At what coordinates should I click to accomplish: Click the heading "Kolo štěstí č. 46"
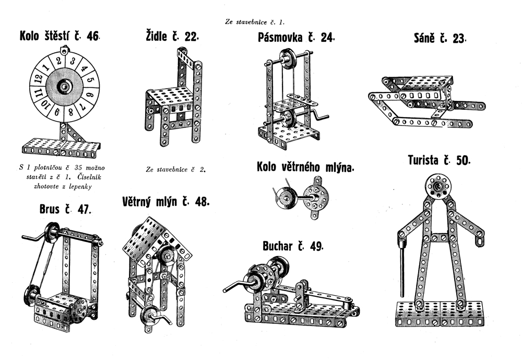click(59, 37)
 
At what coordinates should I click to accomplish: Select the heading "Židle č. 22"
click(172, 37)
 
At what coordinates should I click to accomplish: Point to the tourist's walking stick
click(402, 266)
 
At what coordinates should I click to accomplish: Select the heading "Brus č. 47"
click(65, 210)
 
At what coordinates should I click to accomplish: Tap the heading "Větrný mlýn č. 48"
click(165, 202)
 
